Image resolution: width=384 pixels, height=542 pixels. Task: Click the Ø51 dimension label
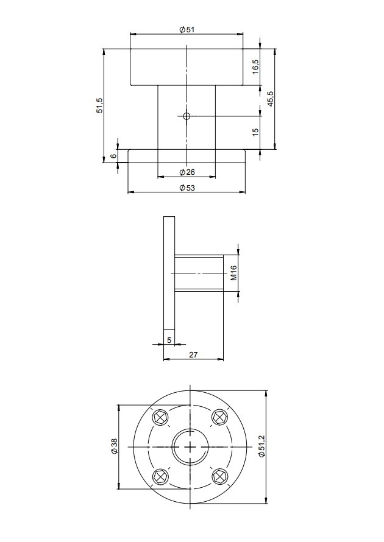tap(187, 30)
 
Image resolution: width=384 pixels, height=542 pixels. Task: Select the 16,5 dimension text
tap(255, 66)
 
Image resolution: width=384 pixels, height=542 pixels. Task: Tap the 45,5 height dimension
tap(270, 99)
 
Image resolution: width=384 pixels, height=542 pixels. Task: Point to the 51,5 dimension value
tap(99, 105)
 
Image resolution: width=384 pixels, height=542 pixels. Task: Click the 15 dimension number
tap(255, 132)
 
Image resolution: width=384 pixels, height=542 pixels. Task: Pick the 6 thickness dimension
tap(113, 156)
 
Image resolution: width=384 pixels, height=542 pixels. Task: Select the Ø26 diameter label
tap(187, 172)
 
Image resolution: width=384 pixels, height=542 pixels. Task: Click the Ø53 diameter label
tap(187, 188)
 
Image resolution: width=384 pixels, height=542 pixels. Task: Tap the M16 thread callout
tap(233, 273)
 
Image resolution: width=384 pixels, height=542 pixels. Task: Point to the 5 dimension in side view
tap(169, 340)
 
